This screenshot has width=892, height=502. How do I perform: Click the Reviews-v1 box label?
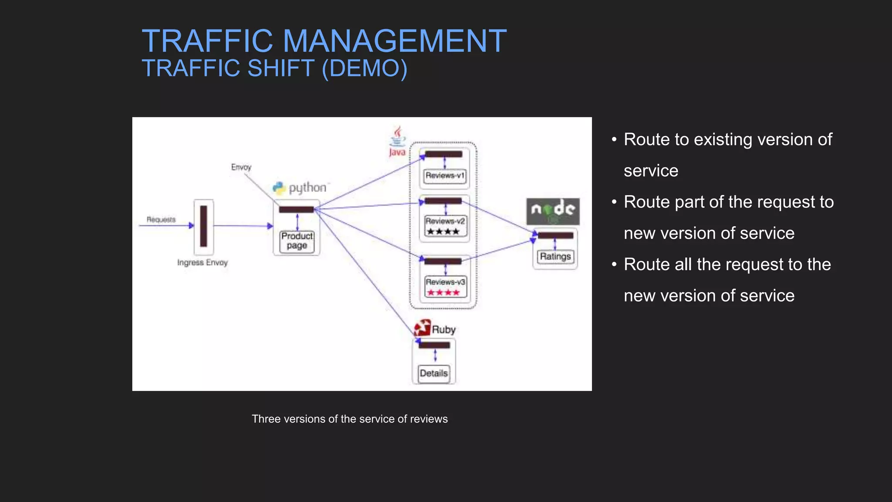pos(445,176)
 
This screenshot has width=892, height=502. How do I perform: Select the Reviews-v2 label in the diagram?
pos(445,221)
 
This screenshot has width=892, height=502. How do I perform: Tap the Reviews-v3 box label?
pos(445,282)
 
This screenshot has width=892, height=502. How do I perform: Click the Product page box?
pos(297,241)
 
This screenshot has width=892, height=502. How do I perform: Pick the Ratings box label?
pos(555,256)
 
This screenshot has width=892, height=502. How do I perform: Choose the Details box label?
pos(433,373)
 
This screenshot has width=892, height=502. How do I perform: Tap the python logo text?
pos(307,188)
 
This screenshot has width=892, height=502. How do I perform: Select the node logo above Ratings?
pos(553,211)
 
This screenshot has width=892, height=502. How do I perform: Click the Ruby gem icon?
pos(422,328)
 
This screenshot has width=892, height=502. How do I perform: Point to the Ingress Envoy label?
pos(202,262)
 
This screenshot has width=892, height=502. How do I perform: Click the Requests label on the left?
pos(161,219)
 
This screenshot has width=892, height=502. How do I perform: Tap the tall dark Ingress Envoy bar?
pos(203,226)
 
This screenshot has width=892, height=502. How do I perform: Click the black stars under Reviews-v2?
pos(443,231)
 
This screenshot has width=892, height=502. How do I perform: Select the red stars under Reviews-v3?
pos(443,292)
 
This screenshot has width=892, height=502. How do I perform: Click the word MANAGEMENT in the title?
pos(395,41)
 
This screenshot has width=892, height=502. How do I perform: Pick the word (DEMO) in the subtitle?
pos(364,68)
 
